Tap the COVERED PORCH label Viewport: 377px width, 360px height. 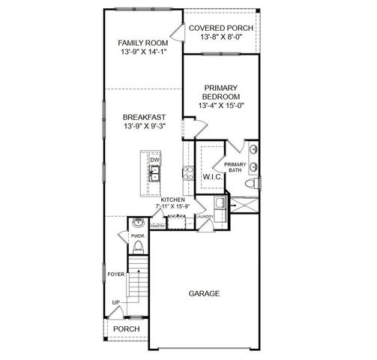point(220,28)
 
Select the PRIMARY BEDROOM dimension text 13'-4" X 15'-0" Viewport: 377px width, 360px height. point(221,106)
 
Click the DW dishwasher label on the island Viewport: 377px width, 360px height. point(154,160)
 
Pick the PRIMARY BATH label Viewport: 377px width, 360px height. point(235,167)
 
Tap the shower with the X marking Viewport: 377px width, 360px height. point(244,202)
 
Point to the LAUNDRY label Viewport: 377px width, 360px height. point(205,217)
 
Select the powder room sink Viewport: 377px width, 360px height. point(137,223)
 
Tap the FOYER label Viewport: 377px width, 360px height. point(116,274)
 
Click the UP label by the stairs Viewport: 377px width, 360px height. point(115,302)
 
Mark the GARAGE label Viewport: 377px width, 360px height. point(204,293)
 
